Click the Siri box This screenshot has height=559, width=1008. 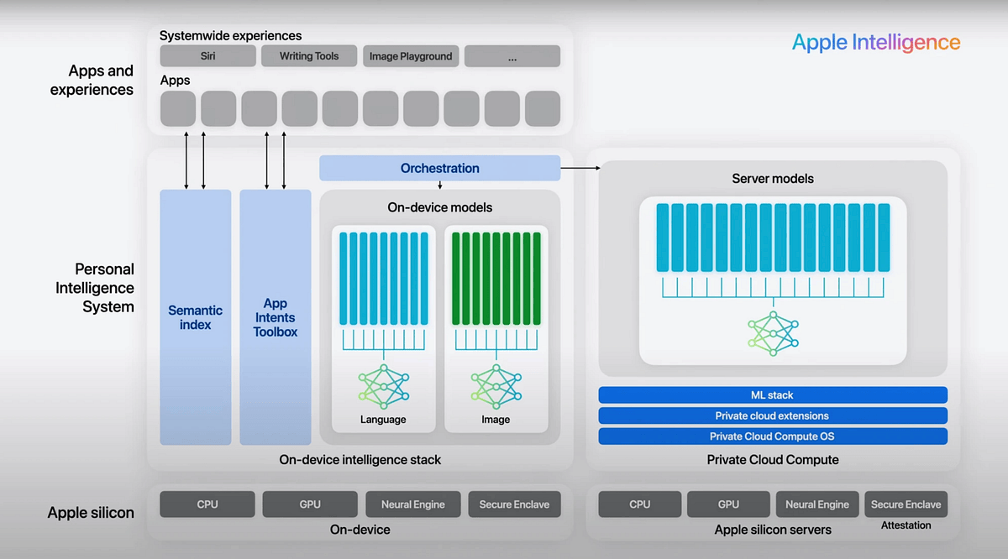207,56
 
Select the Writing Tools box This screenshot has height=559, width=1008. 309,56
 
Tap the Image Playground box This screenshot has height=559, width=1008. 411,56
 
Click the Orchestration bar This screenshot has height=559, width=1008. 439,168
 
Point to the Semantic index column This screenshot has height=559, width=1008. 195,317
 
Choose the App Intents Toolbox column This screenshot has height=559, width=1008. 276,317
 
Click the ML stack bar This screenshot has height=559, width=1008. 773,394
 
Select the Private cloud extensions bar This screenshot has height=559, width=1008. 773,415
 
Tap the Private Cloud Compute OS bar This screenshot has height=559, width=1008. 773,436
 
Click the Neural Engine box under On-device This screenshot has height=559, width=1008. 413,504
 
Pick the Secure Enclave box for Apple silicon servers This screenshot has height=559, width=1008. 906,504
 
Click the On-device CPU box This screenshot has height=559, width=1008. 207,504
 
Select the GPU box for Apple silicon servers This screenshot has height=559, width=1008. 728,504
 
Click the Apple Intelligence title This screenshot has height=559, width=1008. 875,43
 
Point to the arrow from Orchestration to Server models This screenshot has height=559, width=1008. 580,168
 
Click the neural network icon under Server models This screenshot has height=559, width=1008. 773,332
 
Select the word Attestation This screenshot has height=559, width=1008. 906,525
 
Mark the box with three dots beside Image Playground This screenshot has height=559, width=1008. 512,56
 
